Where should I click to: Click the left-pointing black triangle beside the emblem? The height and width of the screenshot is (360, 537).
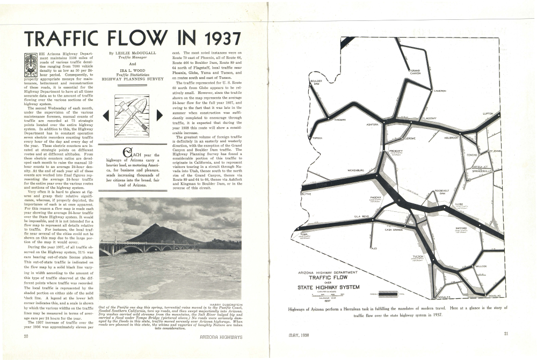point(106,115)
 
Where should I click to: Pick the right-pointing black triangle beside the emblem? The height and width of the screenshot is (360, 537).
point(159,115)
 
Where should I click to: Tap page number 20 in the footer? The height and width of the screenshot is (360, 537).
point(26,336)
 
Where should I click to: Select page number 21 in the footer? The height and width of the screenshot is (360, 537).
point(506,334)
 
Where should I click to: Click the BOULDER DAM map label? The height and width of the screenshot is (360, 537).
point(316,83)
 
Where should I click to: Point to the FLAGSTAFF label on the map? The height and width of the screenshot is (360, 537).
point(430,118)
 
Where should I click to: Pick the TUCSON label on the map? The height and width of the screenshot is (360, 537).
point(418,257)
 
